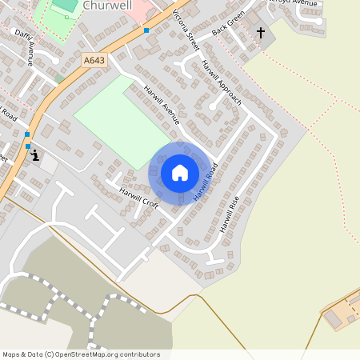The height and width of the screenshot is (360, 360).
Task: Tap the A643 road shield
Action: pyautogui.click(x=93, y=59)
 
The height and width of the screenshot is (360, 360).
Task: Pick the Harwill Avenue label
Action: pyautogui.click(x=161, y=105)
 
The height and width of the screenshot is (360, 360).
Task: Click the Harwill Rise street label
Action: pyautogui.click(x=230, y=213)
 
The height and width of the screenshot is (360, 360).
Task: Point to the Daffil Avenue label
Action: pyautogui.click(x=25, y=46)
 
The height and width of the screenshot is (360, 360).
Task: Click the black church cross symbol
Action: pyautogui.click(x=260, y=33)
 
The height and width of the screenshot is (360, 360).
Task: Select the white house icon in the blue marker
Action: pyautogui.click(x=180, y=173)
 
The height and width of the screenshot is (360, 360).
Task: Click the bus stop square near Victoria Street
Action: pyautogui.click(x=146, y=30)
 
